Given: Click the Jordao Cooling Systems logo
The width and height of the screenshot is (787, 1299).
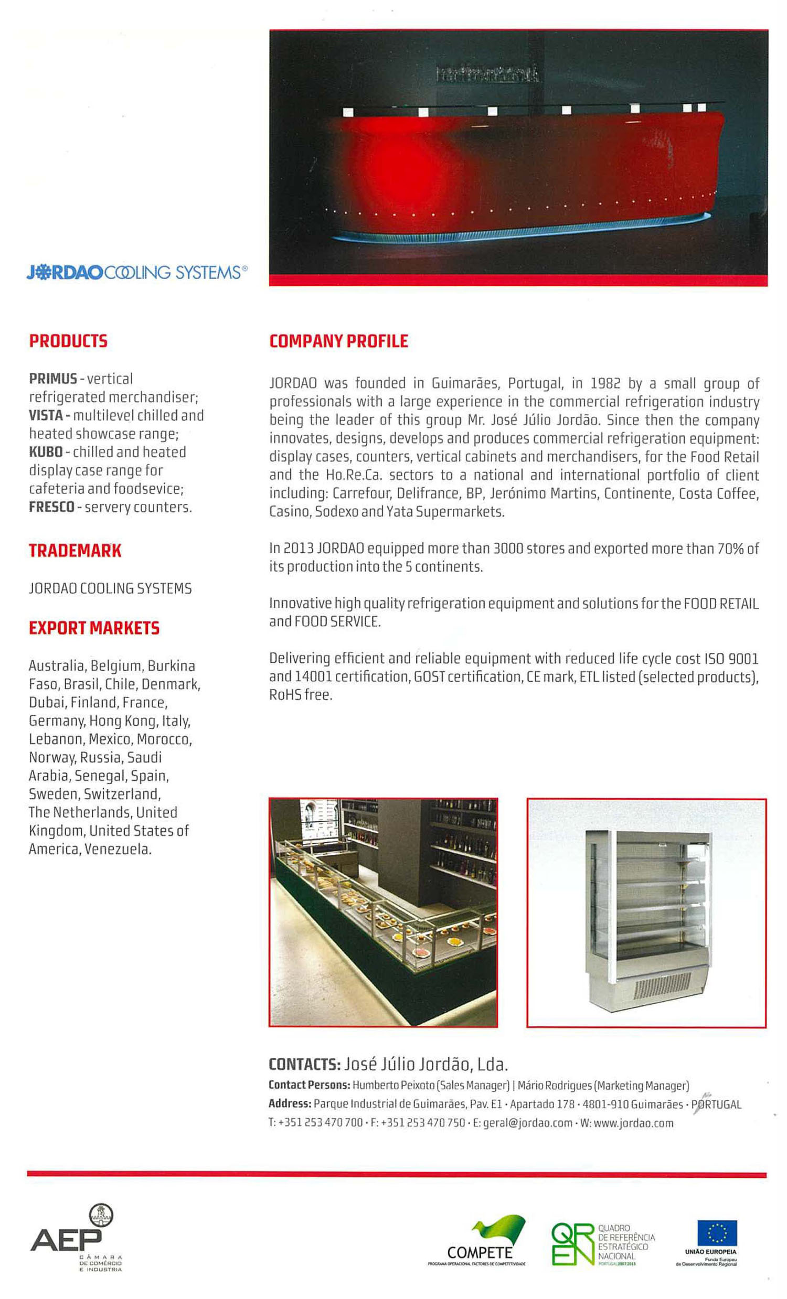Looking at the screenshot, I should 136,272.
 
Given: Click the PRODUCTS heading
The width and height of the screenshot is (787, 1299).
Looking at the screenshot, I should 68,341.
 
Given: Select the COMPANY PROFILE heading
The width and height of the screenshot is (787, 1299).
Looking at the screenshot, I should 338,341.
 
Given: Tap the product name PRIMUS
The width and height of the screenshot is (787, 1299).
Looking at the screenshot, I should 53,379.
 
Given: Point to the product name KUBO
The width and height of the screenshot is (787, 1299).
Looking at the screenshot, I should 45,452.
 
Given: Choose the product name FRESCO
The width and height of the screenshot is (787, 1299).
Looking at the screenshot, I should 51,507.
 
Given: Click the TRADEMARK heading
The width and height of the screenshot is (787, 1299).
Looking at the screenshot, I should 75,551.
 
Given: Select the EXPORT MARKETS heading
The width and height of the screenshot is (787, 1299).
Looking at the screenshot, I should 94,628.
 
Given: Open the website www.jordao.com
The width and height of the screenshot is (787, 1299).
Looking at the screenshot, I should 633,1122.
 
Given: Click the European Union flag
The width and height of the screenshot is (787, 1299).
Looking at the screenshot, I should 717,1232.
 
